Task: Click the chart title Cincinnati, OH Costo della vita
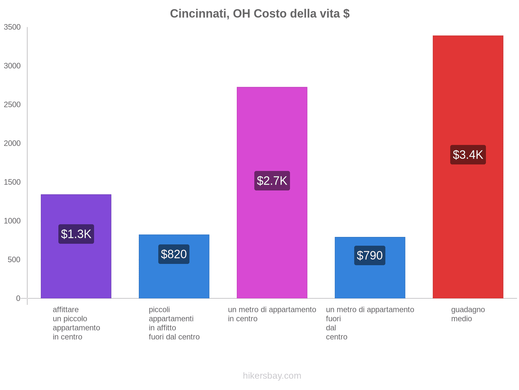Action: [259, 14]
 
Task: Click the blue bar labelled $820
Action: [174, 279]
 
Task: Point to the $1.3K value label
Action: [76, 234]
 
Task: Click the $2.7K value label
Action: [272, 181]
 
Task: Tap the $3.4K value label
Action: [468, 155]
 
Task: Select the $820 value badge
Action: [174, 254]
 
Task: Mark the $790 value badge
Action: [370, 255]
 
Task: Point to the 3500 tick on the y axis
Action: [12, 27]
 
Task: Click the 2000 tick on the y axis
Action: [12, 143]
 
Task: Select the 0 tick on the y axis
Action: [18, 298]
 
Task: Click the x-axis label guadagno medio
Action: [468, 314]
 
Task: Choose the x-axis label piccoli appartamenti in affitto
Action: [174, 323]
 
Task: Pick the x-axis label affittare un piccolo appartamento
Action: [76, 323]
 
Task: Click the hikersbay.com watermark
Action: [272, 376]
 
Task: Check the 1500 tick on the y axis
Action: [12, 182]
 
